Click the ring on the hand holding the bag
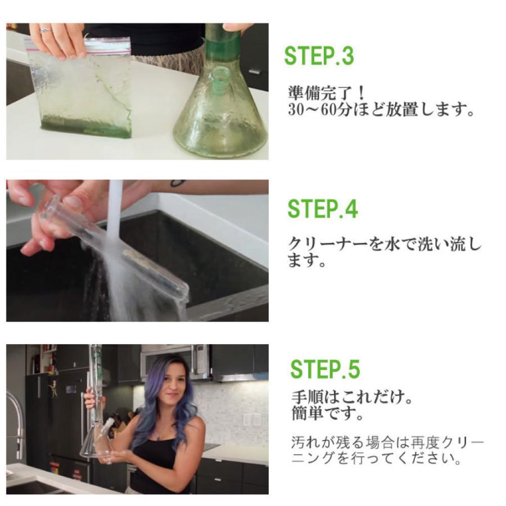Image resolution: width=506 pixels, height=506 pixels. pyautogui.click(x=45, y=29)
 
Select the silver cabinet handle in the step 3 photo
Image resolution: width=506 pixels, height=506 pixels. pyautogui.click(x=255, y=71)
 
